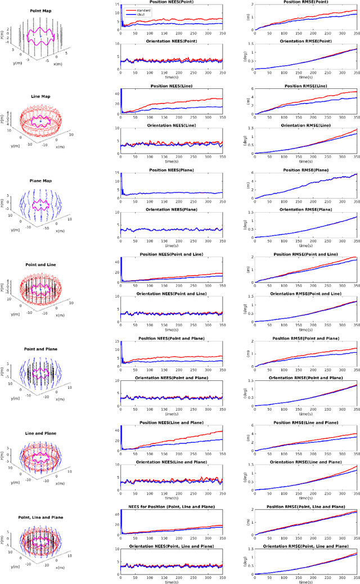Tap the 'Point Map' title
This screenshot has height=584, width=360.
tap(41, 11)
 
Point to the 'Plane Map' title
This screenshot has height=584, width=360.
tap(41, 182)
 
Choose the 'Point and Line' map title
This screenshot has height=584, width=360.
tap(41, 264)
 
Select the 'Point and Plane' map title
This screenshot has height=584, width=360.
tap(41, 349)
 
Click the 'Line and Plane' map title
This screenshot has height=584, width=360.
tap(41, 434)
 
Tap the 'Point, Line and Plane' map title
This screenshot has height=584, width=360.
tap(41, 517)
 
